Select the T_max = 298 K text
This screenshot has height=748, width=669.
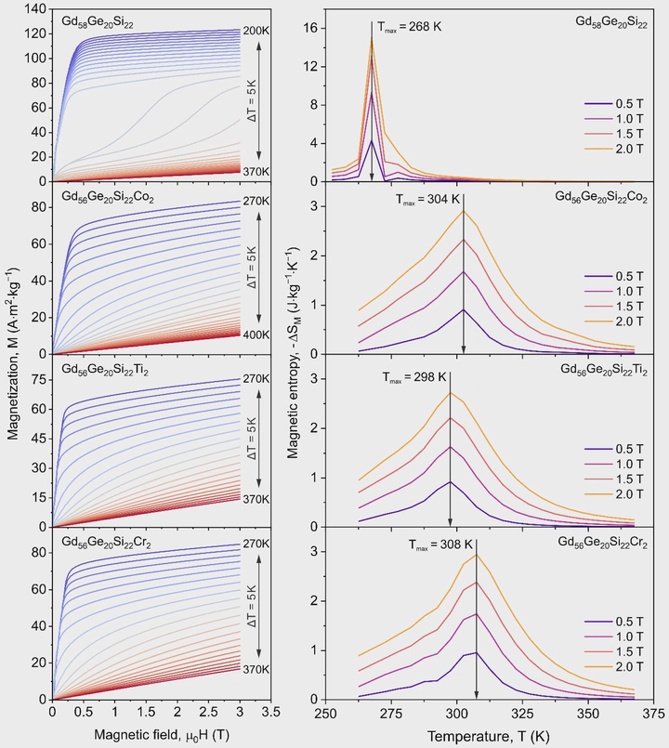[414, 378]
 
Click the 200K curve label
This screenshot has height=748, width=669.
[255, 31]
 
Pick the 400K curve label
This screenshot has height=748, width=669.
[255, 334]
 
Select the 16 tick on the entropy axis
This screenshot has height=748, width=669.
[311, 28]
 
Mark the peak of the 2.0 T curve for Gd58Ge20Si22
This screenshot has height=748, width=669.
[372, 39]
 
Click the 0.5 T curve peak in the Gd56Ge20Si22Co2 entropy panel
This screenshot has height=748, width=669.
[464, 309]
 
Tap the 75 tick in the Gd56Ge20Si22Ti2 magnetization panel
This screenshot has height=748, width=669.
[37, 379]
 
